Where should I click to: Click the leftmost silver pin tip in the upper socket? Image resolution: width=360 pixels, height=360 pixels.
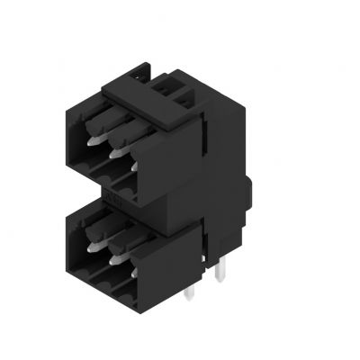click(x=93, y=141)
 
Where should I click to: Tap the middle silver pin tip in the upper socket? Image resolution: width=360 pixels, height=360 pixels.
click(x=116, y=154)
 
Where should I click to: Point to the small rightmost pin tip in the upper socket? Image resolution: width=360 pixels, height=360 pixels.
click(x=135, y=166)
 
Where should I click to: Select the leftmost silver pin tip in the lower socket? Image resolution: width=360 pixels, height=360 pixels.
click(x=92, y=242)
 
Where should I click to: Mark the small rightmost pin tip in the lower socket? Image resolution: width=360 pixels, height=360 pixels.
click(x=135, y=266)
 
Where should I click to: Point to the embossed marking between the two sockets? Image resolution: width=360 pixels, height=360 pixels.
click(x=117, y=192)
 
